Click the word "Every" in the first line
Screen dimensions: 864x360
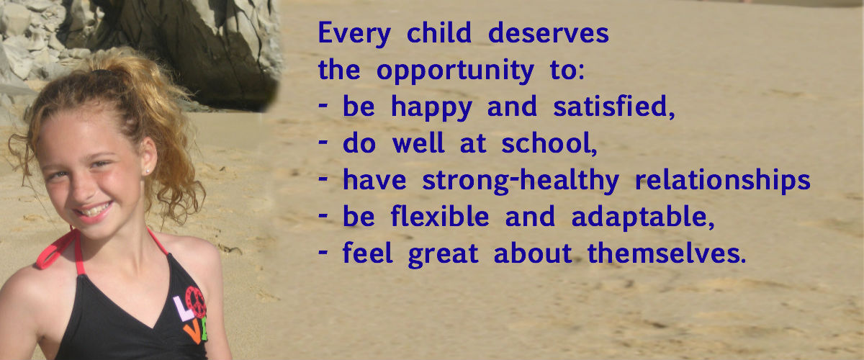pos(354,34)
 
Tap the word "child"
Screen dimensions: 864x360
pos(439,32)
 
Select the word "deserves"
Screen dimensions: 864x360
pos(549,32)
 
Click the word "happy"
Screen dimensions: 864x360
pos(431,107)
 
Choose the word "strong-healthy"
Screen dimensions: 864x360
pos(521,181)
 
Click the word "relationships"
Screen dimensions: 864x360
pos(723,181)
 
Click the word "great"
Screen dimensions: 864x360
pos(444,255)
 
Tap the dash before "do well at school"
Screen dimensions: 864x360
pos(323,141)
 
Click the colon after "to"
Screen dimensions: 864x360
pos(581,71)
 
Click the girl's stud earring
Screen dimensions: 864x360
pos(147,171)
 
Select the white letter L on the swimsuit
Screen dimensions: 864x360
pos(183,308)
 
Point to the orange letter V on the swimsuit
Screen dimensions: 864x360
pos(193,333)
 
